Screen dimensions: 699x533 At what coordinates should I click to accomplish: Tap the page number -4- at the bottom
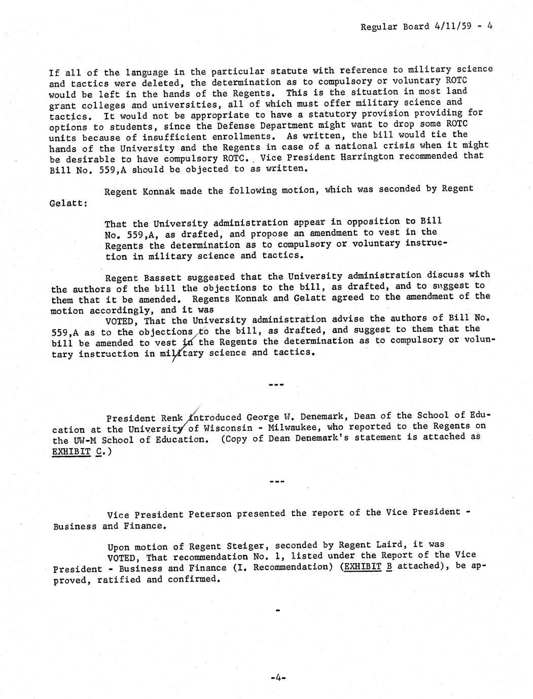coord(278,677)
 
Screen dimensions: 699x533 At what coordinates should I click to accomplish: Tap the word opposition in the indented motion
coord(377,222)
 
